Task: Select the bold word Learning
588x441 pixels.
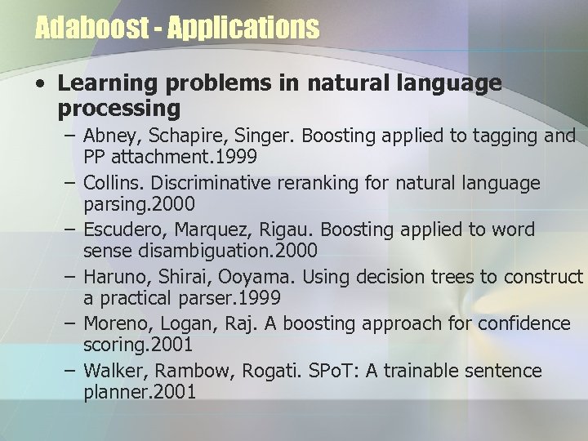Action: click(104, 85)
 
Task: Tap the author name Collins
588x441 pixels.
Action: click(113, 182)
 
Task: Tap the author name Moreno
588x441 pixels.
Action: click(116, 324)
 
